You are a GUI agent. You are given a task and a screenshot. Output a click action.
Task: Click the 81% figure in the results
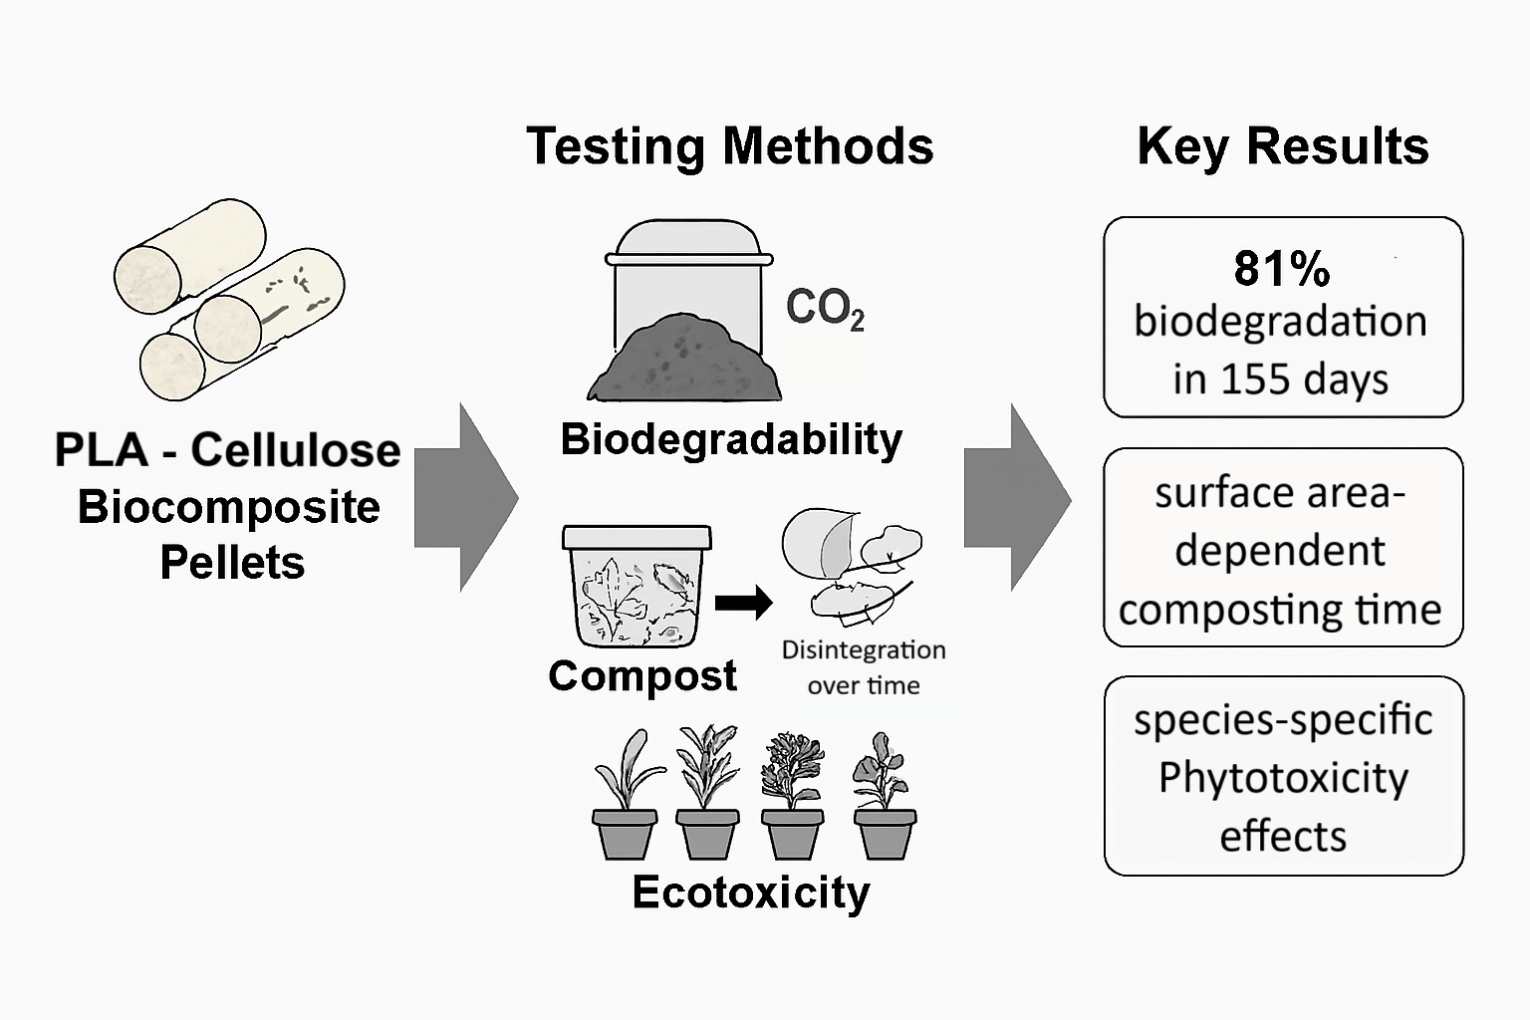click(1281, 269)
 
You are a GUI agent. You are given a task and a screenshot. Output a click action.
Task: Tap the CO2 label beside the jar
click(825, 309)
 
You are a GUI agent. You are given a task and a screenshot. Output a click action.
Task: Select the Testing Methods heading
click(730, 146)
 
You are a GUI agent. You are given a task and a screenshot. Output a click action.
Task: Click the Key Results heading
click(1283, 146)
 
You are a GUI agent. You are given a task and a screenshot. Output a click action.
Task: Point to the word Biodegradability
click(731, 439)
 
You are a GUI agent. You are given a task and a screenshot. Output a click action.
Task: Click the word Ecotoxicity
click(751, 892)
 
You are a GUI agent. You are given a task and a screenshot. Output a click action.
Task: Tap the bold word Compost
click(642, 675)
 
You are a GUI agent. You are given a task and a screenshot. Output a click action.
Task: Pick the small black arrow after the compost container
click(744, 602)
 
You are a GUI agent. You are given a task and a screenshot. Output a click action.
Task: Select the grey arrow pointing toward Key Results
click(1016, 497)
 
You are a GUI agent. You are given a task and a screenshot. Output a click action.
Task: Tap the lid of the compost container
click(637, 537)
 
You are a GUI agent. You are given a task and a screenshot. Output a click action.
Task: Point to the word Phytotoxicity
click(1283, 777)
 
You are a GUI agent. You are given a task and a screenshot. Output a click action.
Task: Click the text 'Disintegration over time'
click(864, 666)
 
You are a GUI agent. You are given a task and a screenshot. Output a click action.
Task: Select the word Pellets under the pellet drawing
click(232, 563)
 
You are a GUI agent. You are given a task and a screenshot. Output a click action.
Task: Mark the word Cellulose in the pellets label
click(296, 450)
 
